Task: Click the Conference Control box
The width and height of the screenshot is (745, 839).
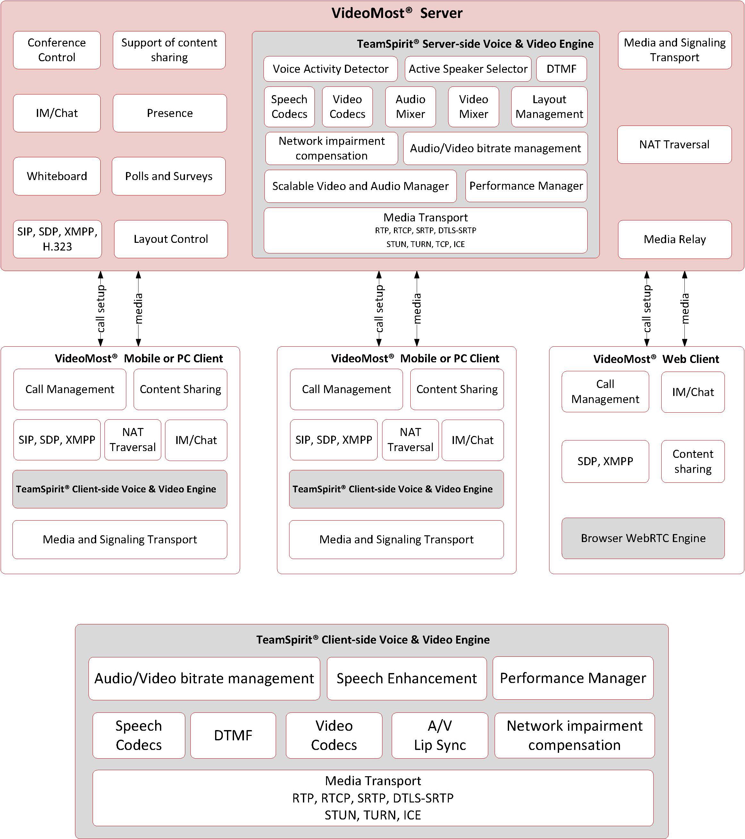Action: pos(57,50)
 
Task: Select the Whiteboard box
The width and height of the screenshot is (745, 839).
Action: pos(57,176)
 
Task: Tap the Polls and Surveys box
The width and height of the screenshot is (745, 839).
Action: pos(169,176)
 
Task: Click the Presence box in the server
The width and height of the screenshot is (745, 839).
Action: pos(170,113)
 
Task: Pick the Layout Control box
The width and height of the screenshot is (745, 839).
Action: pos(171,239)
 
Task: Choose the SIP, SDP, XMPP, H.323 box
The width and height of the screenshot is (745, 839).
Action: pos(57,239)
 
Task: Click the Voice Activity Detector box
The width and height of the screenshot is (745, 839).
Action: pos(331,69)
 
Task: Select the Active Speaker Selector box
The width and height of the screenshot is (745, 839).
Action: pos(468,69)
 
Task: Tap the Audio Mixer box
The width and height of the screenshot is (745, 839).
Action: pos(410,107)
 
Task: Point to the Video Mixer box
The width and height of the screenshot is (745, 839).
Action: pos(473,107)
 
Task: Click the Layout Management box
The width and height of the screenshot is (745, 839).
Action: pos(549,107)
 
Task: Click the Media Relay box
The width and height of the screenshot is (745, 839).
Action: pos(675,240)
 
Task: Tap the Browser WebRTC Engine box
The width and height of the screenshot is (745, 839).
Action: pos(643,538)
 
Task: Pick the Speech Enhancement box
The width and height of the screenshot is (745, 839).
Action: pos(406,679)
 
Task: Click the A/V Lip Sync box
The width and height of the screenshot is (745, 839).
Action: pos(440,735)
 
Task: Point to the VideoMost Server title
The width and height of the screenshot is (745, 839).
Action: pos(397,13)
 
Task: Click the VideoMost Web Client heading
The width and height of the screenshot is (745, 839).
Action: pos(656,359)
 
